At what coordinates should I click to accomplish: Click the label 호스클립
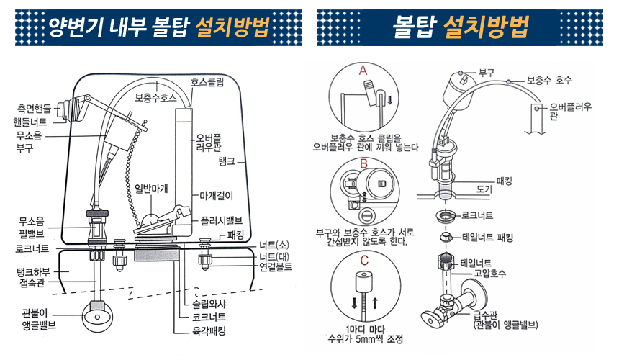click(207, 81)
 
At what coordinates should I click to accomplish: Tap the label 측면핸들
click(34, 108)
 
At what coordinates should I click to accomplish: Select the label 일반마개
click(151, 189)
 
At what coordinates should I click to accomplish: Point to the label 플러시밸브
click(221, 220)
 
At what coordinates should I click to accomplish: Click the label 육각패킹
click(209, 330)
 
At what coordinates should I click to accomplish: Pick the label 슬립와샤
click(209, 304)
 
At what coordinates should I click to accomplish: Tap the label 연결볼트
click(276, 267)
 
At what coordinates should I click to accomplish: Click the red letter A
click(363, 71)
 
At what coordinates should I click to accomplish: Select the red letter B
click(363, 163)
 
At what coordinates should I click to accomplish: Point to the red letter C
click(364, 261)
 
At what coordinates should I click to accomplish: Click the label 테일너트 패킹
click(487, 238)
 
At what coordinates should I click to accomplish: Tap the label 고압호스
click(490, 273)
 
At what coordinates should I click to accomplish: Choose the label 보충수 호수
click(549, 80)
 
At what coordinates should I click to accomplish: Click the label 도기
click(484, 189)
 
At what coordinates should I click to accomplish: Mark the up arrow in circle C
click(375, 303)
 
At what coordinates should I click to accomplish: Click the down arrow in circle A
click(389, 100)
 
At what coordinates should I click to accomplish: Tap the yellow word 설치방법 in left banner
click(232, 27)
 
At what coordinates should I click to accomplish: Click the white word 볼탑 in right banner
click(414, 27)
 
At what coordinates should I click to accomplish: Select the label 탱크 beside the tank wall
click(227, 161)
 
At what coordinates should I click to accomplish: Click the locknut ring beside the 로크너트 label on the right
click(446, 216)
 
